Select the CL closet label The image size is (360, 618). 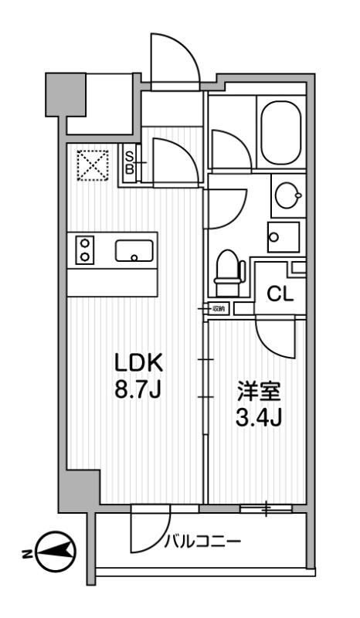pos(280,294)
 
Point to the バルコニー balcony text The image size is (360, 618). pos(202,541)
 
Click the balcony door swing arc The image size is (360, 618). pos(147,529)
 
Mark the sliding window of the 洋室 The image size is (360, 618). pos(266,508)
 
